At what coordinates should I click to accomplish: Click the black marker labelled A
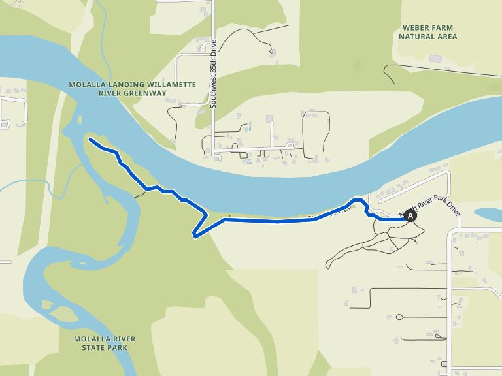[410, 215]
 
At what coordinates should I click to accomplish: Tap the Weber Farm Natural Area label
[428, 32]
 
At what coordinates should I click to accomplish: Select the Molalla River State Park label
[105, 343]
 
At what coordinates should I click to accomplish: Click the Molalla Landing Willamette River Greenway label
[124, 89]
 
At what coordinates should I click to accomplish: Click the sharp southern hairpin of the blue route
[195, 235]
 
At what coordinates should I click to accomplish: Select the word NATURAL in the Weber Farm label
[416, 37]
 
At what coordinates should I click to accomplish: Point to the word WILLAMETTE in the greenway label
[155, 85]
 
